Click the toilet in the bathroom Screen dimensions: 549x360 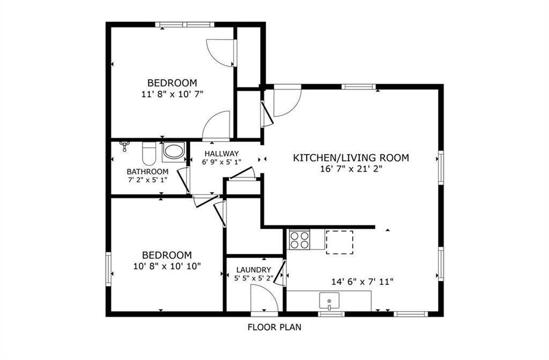149,153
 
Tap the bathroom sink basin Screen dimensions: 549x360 174,151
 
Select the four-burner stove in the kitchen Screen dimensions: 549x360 299,239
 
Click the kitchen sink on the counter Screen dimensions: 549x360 329,302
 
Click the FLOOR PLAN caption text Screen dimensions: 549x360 274,327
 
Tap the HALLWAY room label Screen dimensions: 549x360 221,153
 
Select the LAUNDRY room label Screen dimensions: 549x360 254,270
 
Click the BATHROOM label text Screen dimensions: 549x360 147,172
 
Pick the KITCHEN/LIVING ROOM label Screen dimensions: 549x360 351,158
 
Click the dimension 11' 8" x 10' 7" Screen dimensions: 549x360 172,94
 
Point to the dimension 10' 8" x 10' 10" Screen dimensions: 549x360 167,266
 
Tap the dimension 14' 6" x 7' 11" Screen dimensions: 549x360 362,282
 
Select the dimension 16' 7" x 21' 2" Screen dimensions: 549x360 351,169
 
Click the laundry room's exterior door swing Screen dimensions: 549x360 264,298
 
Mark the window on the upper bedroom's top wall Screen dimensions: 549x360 184,25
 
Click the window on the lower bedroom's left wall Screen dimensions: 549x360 108,269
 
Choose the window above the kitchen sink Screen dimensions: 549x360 331,314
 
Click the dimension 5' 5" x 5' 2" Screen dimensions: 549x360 254,278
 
